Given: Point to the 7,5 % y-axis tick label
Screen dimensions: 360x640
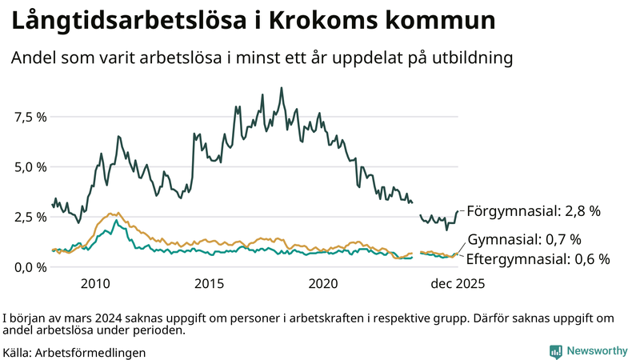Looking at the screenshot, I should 30,117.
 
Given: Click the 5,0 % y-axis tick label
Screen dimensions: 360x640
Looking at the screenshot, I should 30,167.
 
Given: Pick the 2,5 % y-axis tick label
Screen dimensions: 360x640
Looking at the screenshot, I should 30,217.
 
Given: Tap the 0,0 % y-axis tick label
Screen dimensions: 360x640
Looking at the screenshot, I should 30,266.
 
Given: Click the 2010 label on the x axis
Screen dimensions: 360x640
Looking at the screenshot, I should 94,283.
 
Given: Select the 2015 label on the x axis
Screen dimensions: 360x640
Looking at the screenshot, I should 209,283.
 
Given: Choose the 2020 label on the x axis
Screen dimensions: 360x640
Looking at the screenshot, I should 324,283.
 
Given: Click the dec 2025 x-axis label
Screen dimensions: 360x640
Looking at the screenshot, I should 458,283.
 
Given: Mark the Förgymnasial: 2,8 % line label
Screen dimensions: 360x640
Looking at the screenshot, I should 533,211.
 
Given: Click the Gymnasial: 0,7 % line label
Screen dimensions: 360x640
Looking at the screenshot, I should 523,239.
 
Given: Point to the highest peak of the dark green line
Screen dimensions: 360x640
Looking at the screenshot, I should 282,88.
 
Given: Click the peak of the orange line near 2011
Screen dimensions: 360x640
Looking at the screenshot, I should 111,214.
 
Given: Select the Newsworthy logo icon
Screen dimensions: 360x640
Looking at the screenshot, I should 555,351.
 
